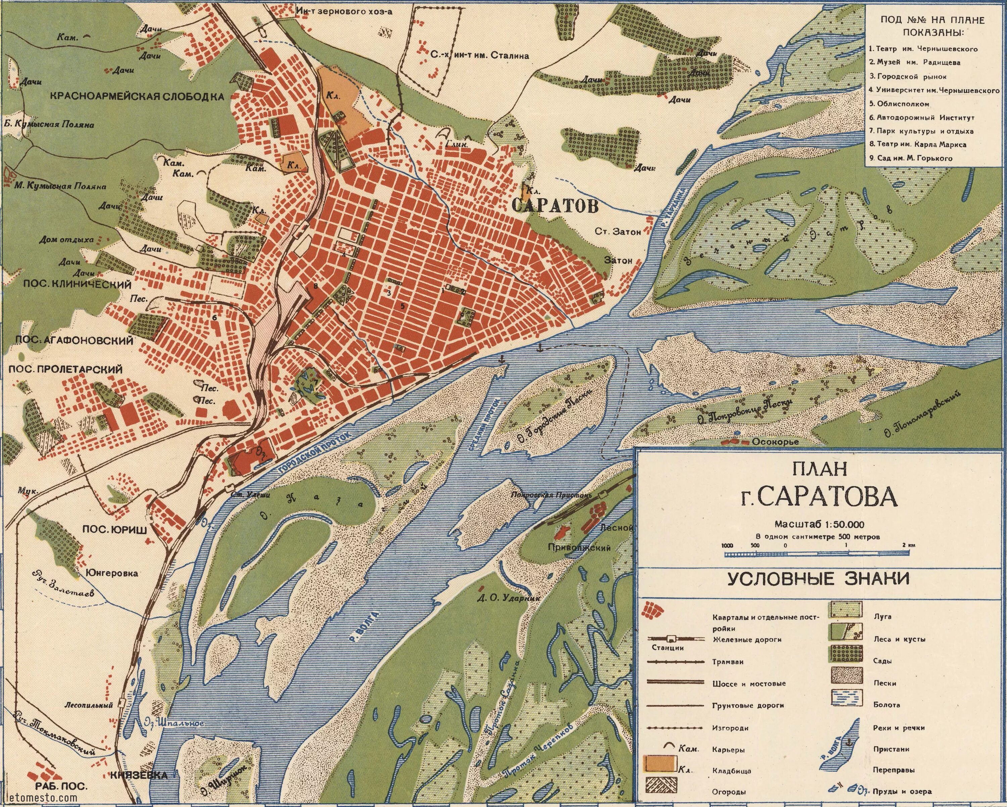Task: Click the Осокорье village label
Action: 775,441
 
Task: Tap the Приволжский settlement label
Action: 580,548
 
